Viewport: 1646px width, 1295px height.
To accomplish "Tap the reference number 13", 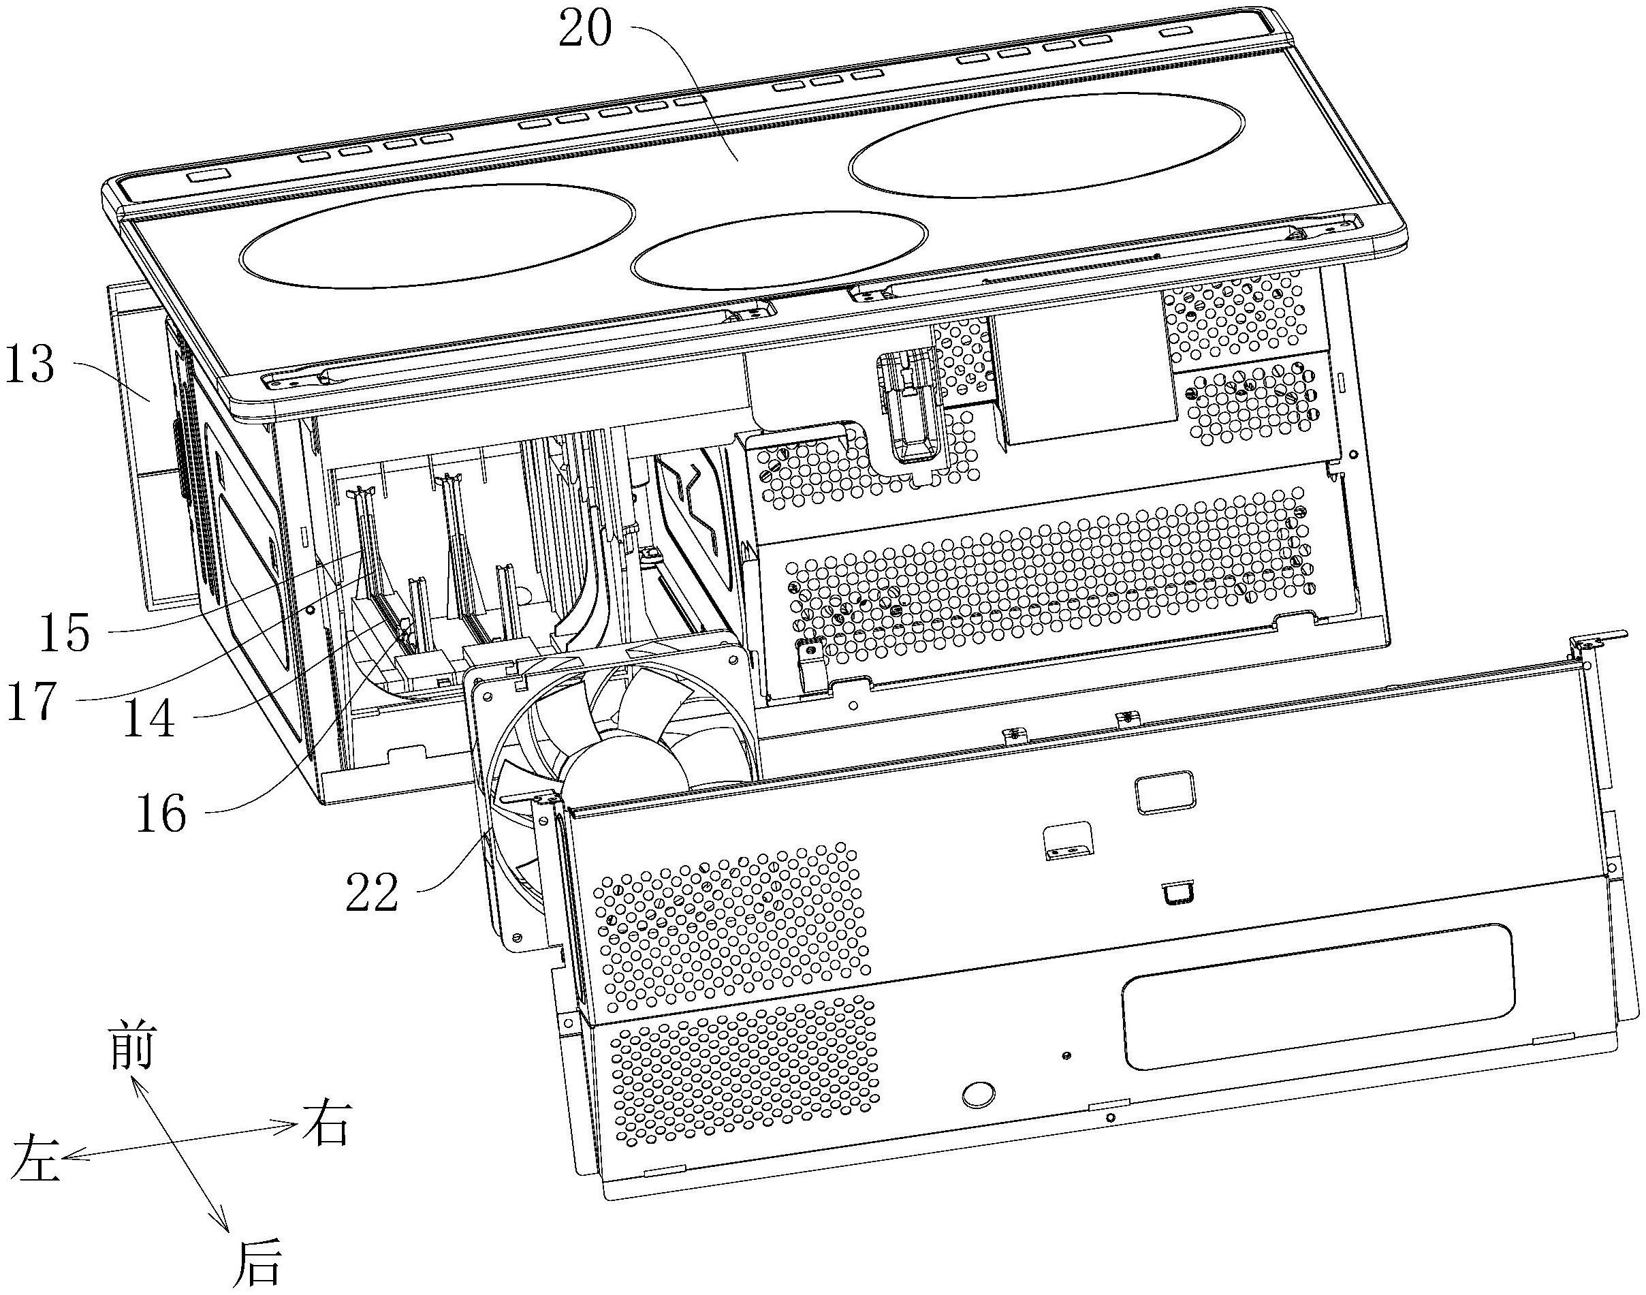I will click(31, 365).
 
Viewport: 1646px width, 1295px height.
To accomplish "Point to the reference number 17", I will click(32, 702).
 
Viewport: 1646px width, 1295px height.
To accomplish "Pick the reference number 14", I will click(148, 718).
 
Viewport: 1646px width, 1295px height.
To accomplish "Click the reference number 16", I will click(161, 813).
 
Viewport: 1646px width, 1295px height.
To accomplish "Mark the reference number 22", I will click(371, 892).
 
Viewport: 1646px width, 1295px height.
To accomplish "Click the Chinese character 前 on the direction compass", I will click(132, 1045).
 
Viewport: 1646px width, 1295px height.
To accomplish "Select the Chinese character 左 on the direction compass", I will click(35, 1157).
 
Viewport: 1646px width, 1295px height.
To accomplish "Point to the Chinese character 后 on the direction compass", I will click(257, 1264).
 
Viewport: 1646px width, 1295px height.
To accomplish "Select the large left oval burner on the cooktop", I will click(437, 234).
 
